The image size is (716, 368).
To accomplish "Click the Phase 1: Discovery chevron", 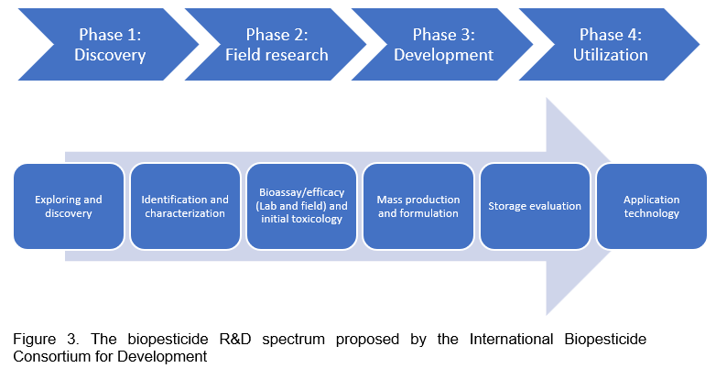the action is click(110, 45).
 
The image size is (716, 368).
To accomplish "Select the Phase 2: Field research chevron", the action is click(277, 45).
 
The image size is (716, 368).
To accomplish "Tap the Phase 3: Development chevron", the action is click(443, 45).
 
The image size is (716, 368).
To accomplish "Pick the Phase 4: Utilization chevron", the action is click(611, 45).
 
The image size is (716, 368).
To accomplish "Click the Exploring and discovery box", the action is click(69, 206).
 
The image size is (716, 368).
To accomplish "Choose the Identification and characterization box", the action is click(185, 206).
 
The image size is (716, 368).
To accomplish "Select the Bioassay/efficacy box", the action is click(301, 206).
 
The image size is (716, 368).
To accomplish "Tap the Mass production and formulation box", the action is click(418, 206).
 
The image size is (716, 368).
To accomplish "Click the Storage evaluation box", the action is click(535, 206).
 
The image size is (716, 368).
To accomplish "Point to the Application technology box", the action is click(652, 206).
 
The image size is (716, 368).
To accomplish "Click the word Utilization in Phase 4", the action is click(611, 55).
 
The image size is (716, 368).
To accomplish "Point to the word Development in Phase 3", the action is click(443, 55).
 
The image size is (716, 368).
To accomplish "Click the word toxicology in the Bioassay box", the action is click(316, 220).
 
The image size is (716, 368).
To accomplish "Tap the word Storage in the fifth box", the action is click(505, 206).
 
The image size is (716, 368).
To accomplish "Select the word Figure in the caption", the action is click(34, 341).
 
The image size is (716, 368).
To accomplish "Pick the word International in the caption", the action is click(511, 340).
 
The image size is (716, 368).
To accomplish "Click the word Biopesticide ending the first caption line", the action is click(605, 341).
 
